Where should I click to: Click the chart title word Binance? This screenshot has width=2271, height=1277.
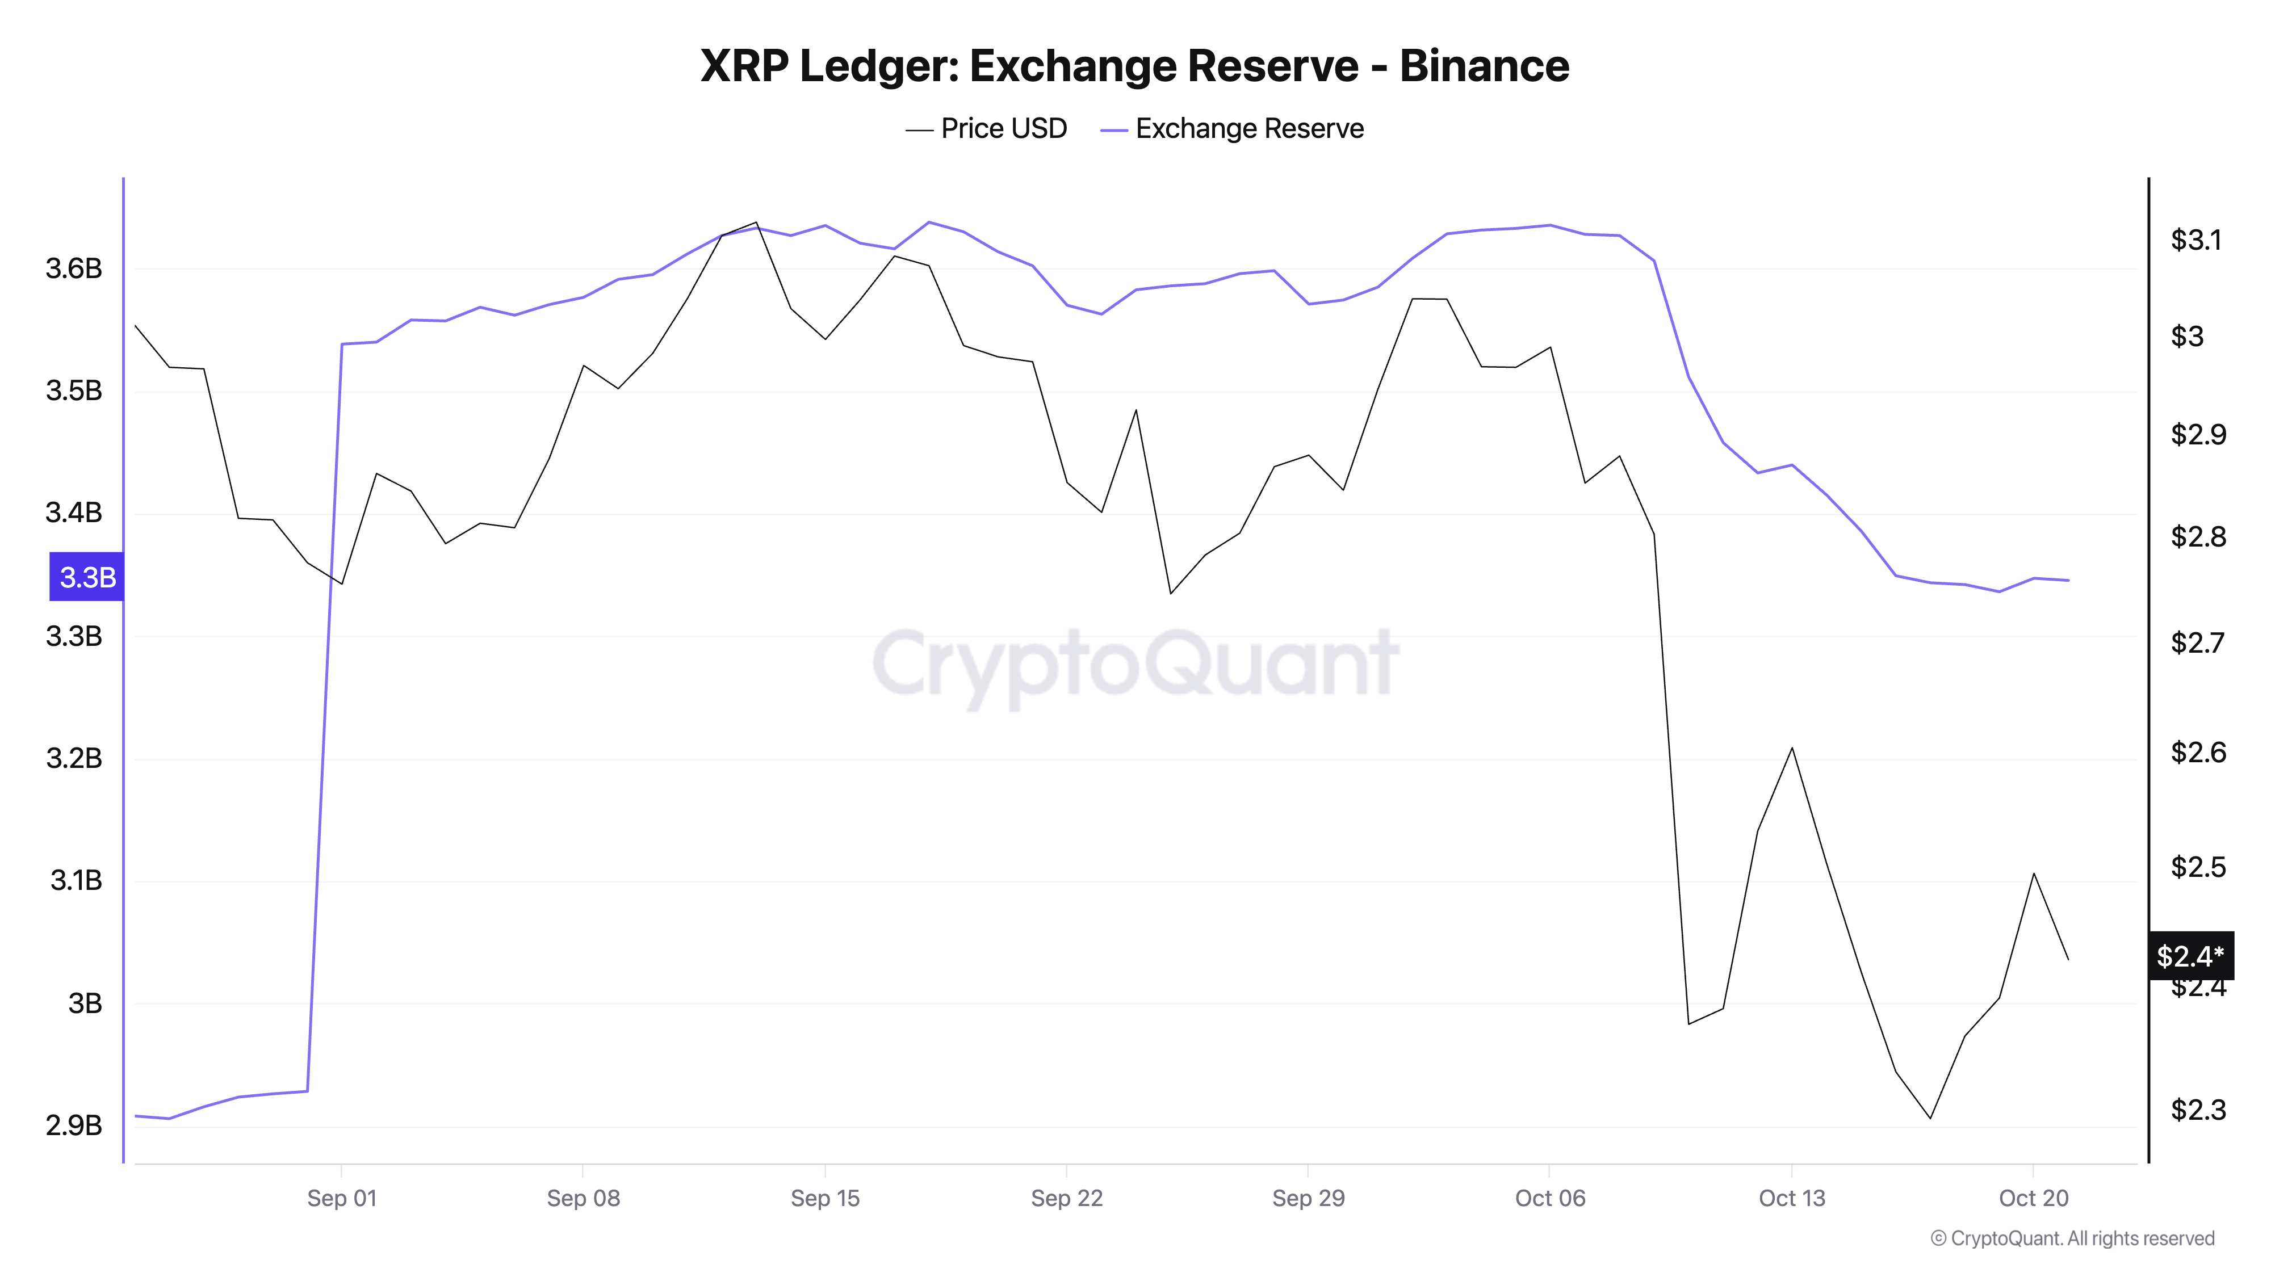point(1484,66)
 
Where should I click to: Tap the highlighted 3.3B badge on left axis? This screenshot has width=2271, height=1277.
point(86,577)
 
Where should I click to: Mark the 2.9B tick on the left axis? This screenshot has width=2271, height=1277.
point(74,1125)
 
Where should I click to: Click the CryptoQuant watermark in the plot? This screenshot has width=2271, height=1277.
point(1134,663)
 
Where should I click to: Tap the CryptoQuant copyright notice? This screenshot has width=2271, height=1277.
point(2072,1238)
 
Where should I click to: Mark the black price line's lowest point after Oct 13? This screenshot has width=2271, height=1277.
point(1930,1118)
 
